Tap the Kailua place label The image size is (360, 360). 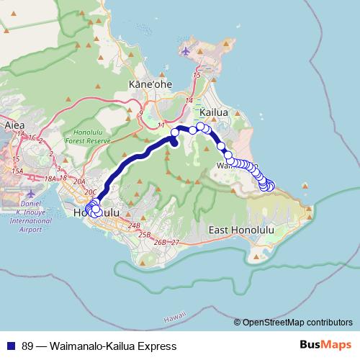214,113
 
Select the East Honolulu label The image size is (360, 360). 242,230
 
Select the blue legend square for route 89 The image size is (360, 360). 12,346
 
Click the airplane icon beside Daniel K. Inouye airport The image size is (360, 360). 28,194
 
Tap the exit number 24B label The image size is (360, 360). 133,226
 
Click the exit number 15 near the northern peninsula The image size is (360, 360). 197,74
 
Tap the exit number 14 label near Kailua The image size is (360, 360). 189,100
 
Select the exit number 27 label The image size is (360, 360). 175,243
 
